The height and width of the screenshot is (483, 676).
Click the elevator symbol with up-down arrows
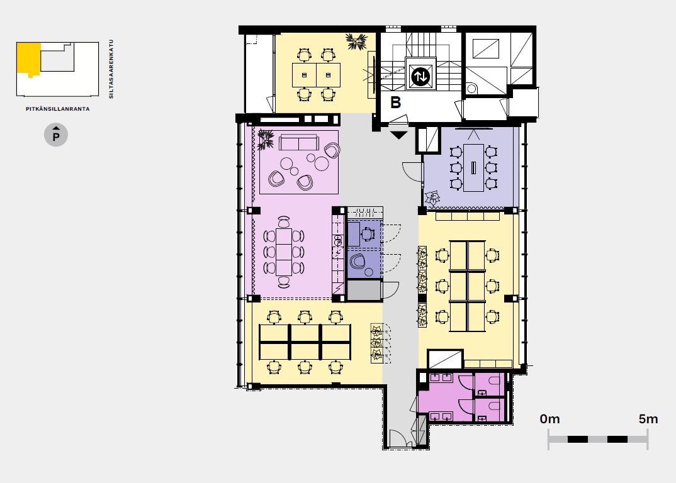click(x=420, y=77)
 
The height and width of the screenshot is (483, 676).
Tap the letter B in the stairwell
click(x=395, y=103)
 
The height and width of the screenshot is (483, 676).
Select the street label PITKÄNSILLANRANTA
click(x=58, y=109)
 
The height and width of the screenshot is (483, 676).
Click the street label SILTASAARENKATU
click(x=111, y=69)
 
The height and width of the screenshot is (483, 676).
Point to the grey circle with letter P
click(x=55, y=135)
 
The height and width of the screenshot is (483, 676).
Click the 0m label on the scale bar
click(x=549, y=419)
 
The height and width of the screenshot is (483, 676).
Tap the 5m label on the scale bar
click(x=648, y=419)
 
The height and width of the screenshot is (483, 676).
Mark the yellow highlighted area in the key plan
click(x=28, y=58)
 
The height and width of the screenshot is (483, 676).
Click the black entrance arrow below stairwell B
click(x=399, y=135)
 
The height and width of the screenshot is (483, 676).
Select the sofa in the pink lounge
click(x=298, y=142)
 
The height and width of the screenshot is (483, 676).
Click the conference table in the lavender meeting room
click(x=473, y=168)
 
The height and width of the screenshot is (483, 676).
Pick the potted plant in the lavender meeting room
click(x=432, y=198)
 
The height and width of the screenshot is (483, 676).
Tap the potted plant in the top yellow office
click(x=356, y=42)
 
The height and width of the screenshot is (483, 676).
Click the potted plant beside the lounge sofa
click(x=266, y=140)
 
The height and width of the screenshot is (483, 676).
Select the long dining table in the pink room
click(x=284, y=252)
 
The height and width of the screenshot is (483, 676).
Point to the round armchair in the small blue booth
click(x=358, y=262)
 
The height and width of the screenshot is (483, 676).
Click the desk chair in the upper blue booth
click(x=368, y=234)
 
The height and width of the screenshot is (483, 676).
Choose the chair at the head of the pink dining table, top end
click(x=284, y=221)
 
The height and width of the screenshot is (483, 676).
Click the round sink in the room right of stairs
click(x=471, y=89)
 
